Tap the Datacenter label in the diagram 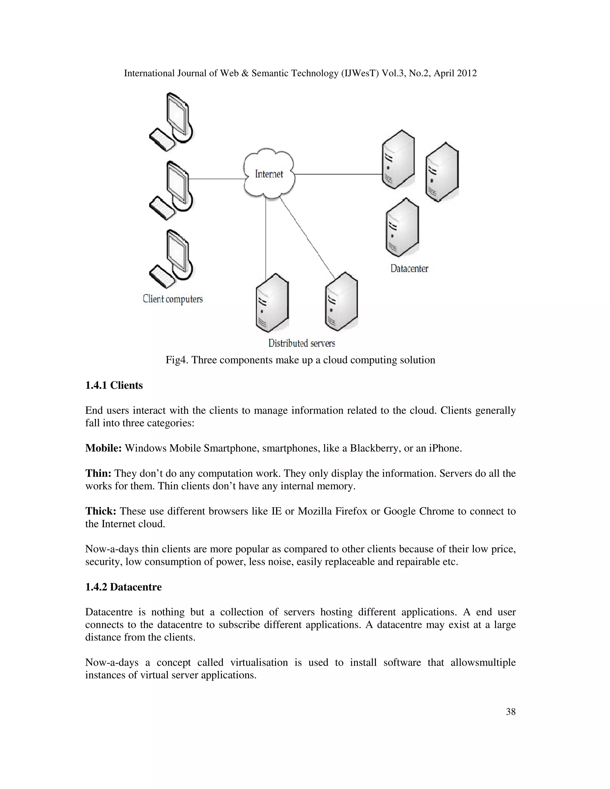pos(409,269)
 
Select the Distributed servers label pos(301,343)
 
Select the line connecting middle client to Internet pos(217,179)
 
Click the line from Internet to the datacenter pos(338,174)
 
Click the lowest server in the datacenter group pos(402,227)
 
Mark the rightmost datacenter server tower pos(442,172)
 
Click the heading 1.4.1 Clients pos(114,386)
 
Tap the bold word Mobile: pos(103,448)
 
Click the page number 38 pos(510,712)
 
